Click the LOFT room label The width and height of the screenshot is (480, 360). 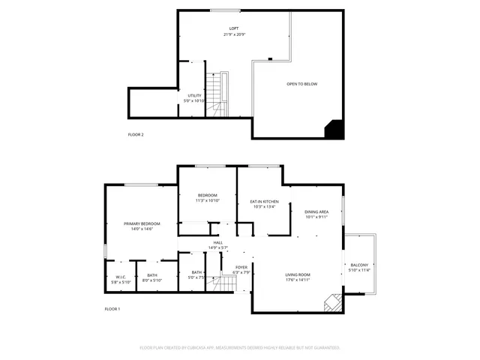[x=234, y=28]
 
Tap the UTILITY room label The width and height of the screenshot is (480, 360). [x=194, y=96]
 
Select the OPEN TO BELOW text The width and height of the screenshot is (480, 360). [x=301, y=84]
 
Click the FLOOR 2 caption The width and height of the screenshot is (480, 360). [x=136, y=134]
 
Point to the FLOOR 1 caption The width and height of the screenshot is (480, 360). [x=112, y=309]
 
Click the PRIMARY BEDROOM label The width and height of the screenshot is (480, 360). [x=142, y=224]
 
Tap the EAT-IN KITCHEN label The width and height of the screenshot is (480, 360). [x=264, y=202]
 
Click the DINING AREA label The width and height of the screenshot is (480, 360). [x=316, y=212]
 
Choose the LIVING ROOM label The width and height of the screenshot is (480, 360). [x=298, y=275]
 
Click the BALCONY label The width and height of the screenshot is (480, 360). [x=359, y=265]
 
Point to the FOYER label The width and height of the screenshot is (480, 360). [x=241, y=267]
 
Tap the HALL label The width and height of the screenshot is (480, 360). [x=218, y=242]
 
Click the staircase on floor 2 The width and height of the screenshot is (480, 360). [x=217, y=95]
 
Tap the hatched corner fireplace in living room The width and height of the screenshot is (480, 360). [x=331, y=302]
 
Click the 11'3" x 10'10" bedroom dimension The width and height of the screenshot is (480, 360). [x=207, y=201]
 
